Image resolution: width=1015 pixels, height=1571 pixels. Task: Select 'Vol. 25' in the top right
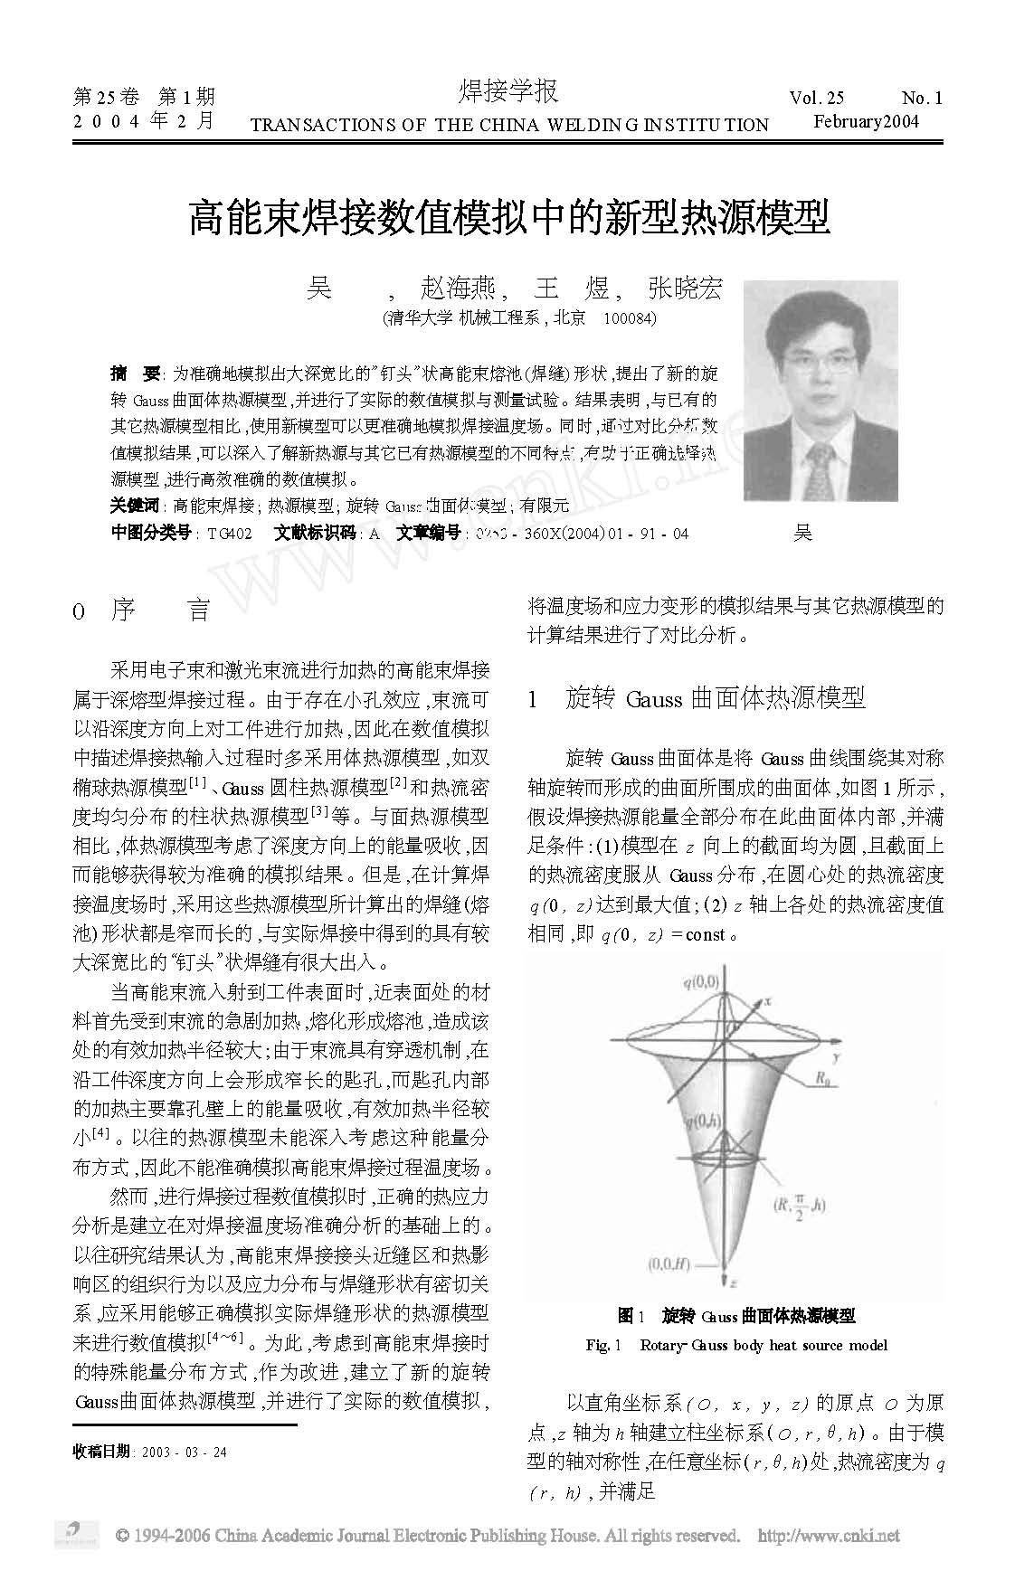816,99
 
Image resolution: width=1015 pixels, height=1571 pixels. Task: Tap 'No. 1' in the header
922,99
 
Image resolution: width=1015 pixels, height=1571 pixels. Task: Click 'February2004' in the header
866,122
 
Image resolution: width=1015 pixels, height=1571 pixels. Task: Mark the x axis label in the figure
767,1001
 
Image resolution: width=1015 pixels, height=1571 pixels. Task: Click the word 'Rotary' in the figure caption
662,1345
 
